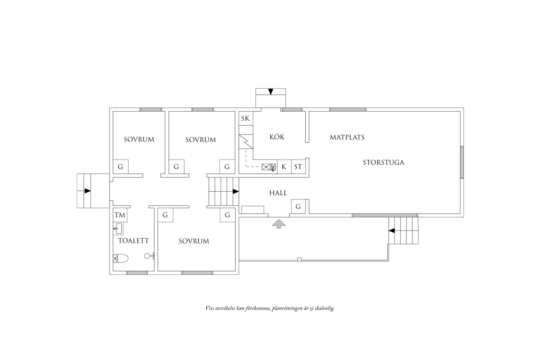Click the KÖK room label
tap(277, 137)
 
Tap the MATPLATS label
tap(347, 137)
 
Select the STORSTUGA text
tap(383, 163)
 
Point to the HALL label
tap(278, 193)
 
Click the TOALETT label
tap(133, 241)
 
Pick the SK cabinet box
tap(245, 119)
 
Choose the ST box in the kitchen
tap(298, 167)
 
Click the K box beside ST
tap(284, 167)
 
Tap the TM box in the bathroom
tap(120, 215)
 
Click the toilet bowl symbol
tap(120, 259)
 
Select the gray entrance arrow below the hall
tap(279, 224)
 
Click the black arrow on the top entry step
tap(271, 92)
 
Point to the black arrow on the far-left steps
tap(88, 191)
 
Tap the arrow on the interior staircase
tap(236, 191)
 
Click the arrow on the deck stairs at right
tap(392, 230)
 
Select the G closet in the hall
tap(298, 207)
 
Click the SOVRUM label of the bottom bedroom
tap(194, 241)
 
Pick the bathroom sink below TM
tap(118, 229)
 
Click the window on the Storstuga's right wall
tap(462, 162)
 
